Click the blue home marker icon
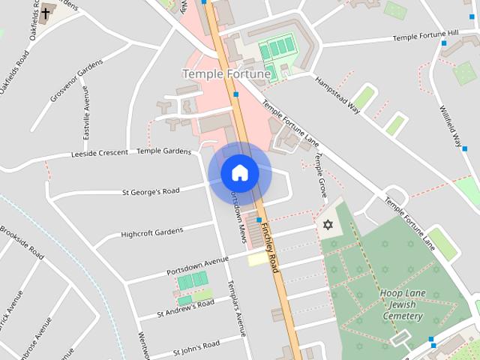[x=239, y=173]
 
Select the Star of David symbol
[x=327, y=224]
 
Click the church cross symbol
[x=46, y=13]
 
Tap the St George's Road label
[x=151, y=191]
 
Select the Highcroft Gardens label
[x=151, y=232]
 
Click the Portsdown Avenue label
[x=197, y=265]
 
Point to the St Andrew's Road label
[x=185, y=307]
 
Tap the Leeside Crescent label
[x=100, y=154]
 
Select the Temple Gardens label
[x=164, y=151]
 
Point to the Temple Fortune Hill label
[x=424, y=35]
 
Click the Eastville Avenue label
[x=86, y=117]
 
